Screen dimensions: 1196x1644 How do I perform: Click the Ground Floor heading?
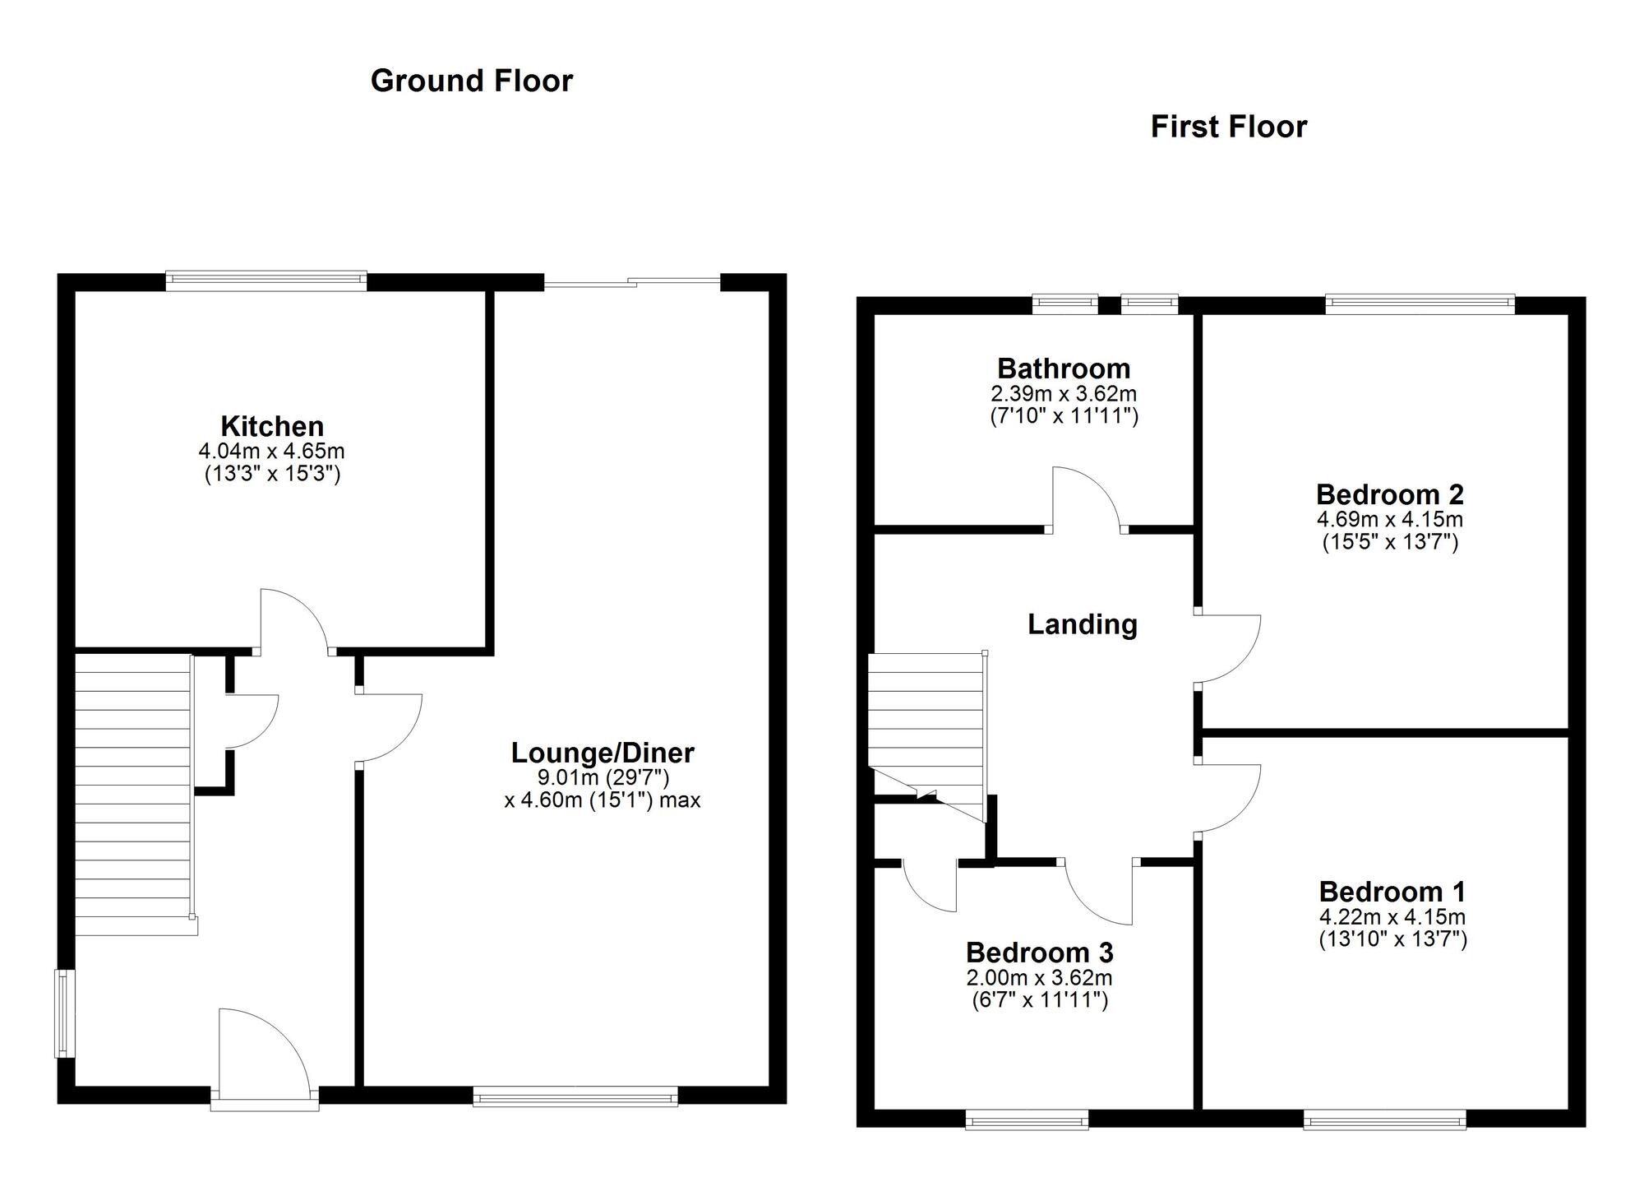471,81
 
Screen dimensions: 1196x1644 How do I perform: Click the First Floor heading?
1228,127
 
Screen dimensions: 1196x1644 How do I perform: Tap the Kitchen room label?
272,426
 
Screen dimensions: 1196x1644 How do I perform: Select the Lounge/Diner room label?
603,752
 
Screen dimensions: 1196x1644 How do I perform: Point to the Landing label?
1083,624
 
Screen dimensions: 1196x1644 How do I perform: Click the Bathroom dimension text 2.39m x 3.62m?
1064,394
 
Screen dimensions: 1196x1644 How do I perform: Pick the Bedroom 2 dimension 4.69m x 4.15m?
1389,520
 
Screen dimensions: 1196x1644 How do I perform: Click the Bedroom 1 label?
1392,892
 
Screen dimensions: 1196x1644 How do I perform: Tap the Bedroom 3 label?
1039,953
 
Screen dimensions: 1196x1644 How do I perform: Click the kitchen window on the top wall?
266,280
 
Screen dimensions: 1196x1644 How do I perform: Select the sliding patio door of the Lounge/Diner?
631,283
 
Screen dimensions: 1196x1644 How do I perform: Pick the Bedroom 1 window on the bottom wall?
1384,1119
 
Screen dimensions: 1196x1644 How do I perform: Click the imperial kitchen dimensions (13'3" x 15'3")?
272,474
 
